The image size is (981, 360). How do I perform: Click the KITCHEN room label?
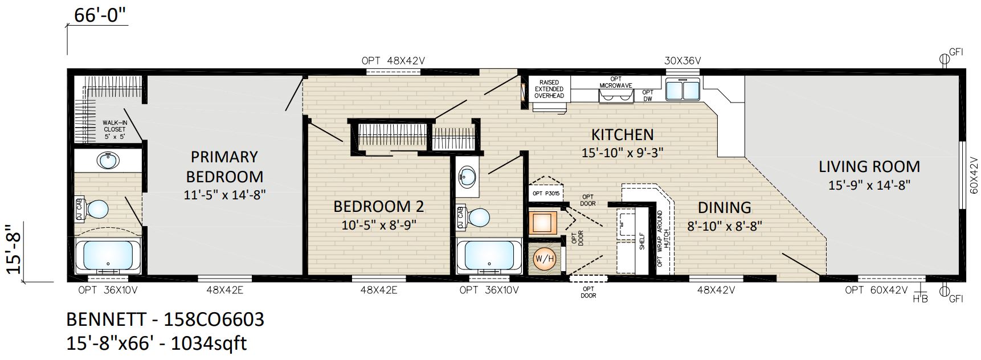pos(622,135)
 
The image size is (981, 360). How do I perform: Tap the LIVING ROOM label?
pos(869,167)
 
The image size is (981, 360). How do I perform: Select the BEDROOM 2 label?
pos(379,206)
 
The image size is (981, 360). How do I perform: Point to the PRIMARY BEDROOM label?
pos(224,166)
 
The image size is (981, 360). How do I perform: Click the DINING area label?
pos(724,207)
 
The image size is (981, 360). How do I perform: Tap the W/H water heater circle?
pos(544,259)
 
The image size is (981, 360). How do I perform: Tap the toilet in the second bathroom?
pos(473,217)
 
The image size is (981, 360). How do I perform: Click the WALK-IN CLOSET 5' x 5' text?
pos(115,129)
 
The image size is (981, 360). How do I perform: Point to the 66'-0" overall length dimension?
pos(100,15)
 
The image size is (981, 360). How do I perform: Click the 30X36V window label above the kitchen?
pos(682,61)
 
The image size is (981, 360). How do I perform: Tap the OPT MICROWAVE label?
pos(616,82)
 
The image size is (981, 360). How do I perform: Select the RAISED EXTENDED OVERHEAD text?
pos(549,89)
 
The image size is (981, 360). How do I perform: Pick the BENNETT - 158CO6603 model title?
pos(165,319)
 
